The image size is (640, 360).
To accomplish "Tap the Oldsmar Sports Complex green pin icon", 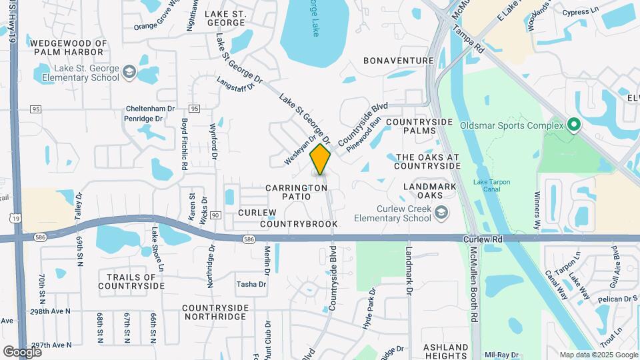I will tap(573, 125).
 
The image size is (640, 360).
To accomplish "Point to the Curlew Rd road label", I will tap(488, 239).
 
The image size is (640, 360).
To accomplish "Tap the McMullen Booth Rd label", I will tap(474, 282).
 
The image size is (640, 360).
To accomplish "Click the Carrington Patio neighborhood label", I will tap(297, 192).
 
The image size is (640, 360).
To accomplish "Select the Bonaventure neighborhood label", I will tap(399, 61).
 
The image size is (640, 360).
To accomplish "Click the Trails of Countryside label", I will tap(131, 281).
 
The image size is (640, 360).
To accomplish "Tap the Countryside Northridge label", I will tap(215, 312).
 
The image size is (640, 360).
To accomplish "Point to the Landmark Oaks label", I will tap(431, 190).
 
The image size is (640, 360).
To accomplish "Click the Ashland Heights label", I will tap(445, 351).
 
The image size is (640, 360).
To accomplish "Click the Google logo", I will tap(22, 351).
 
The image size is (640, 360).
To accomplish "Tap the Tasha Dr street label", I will tap(251, 284).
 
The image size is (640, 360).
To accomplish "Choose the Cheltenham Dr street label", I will tap(150, 108).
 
